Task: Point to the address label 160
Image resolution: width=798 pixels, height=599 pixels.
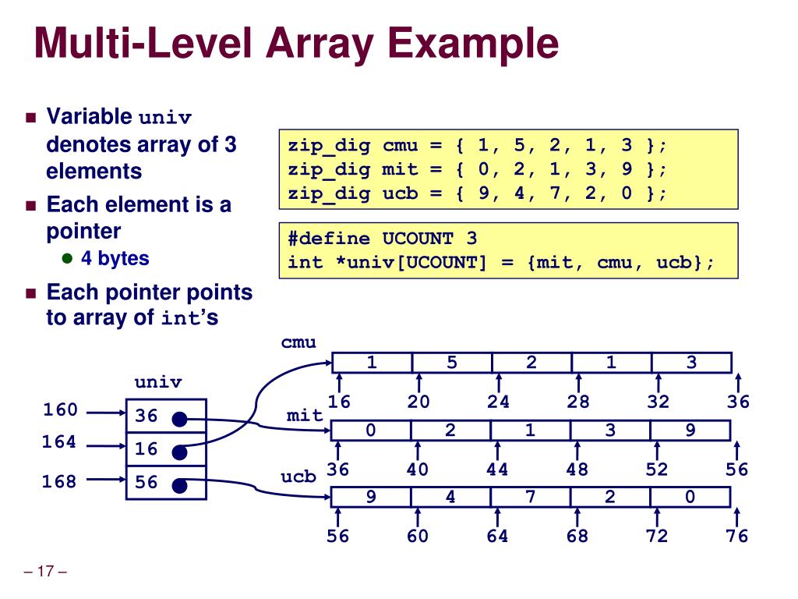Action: (60, 410)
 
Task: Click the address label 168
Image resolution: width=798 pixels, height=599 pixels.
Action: (60, 481)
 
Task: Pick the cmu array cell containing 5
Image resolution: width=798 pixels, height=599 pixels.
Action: (452, 363)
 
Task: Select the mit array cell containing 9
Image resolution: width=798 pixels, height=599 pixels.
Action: (690, 430)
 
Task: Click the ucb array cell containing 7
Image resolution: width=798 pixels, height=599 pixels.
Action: (531, 497)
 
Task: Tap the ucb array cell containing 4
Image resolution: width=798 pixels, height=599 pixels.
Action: (451, 497)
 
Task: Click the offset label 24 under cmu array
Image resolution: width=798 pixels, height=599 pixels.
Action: (498, 402)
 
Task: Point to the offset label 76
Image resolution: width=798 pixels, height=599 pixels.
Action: (736, 536)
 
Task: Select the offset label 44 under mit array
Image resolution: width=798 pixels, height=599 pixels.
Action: (498, 469)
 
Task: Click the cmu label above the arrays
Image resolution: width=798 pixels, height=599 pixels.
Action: (299, 342)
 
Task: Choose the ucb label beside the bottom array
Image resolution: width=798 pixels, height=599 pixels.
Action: (299, 475)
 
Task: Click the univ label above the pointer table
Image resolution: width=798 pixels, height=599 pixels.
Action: (158, 382)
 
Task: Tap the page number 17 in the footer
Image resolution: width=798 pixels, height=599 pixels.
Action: (46, 572)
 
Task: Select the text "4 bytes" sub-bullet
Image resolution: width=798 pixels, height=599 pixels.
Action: (115, 258)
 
